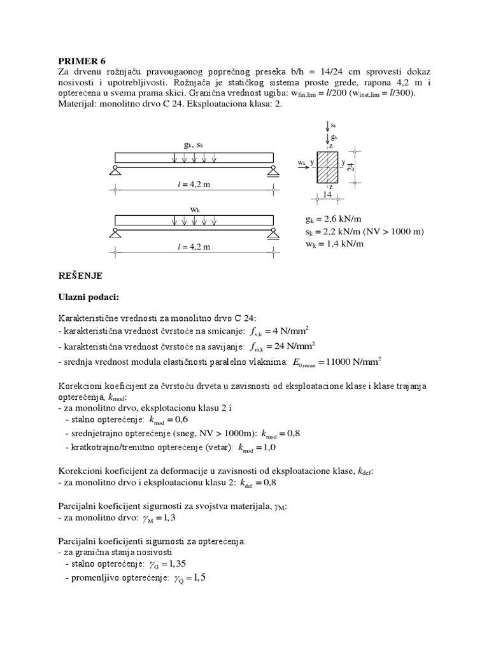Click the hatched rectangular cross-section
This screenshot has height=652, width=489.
coord(328,167)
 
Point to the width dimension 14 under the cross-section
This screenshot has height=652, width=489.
coord(327,194)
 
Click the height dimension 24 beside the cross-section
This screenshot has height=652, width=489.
coord(351,167)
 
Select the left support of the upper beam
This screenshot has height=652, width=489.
coord(115,169)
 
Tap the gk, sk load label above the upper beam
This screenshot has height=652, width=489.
coord(194,145)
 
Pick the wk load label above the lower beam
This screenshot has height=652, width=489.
coord(195,209)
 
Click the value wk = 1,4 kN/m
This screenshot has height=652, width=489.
coord(335,243)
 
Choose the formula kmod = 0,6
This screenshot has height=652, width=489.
coord(174,420)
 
